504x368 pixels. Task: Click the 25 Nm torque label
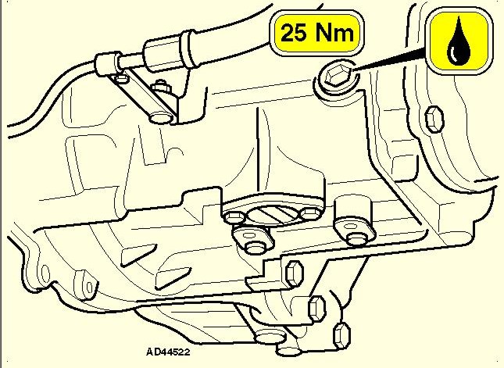point(316,33)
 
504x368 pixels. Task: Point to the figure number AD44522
point(168,352)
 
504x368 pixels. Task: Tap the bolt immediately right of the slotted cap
point(310,213)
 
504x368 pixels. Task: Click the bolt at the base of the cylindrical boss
point(356,238)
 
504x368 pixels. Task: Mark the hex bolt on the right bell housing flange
point(435,119)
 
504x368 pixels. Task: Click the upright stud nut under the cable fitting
point(161,89)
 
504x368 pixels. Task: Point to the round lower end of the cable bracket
point(159,117)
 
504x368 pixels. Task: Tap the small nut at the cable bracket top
point(121,78)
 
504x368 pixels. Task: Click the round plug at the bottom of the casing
point(270,338)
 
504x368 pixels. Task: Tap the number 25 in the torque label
point(295,33)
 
